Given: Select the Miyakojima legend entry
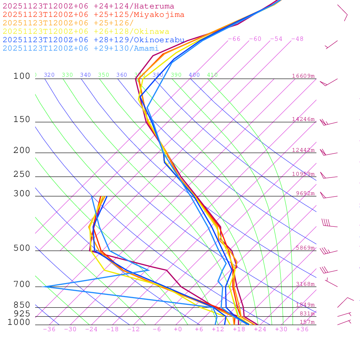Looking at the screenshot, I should point(93,15).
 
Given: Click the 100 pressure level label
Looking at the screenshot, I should point(22,76).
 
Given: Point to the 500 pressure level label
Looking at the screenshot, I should point(22,248).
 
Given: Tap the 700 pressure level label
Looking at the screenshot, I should point(22,284).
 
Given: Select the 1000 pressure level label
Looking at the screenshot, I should point(19,322).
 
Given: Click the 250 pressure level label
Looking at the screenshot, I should point(22,174).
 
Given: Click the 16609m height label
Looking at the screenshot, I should point(303,76).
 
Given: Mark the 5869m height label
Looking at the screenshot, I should point(305,248).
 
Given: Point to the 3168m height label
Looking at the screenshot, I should point(305,284).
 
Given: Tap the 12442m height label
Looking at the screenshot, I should point(303,150).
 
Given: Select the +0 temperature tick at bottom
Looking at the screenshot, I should point(178,329).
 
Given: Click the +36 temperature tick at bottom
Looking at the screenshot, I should point(302,329).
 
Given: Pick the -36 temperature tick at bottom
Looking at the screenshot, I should point(49,329).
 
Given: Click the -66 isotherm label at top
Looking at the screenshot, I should point(234,39).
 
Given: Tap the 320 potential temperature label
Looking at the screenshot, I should point(49,75).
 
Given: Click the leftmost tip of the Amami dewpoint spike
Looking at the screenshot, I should point(44,287).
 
